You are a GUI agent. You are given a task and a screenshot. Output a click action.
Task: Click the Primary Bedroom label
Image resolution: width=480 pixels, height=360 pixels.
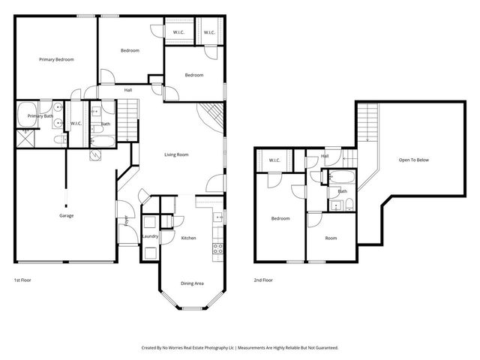[56, 59]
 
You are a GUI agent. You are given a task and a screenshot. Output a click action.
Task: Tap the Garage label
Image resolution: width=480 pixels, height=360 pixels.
[66, 215]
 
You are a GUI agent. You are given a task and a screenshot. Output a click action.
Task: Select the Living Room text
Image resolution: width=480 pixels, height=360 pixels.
[176, 155]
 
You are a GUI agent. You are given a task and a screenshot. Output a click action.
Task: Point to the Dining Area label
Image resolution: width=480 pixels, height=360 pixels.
[192, 283]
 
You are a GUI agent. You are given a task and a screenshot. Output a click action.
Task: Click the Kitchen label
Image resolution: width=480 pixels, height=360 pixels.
[188, 238]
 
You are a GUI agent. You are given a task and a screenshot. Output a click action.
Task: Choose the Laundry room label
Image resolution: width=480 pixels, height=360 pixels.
[149, 236]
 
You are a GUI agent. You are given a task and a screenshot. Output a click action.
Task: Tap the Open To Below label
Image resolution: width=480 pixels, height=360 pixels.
[413, 160]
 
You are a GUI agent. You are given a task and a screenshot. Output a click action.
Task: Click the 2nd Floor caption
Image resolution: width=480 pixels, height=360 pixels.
[264, 280]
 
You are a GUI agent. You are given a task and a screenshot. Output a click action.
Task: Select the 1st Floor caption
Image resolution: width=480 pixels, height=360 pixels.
[22, 280]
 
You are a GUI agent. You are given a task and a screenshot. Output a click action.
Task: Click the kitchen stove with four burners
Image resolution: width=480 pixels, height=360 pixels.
[217, 247]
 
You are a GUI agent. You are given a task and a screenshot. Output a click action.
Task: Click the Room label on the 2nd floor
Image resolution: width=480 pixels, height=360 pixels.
[331, 238]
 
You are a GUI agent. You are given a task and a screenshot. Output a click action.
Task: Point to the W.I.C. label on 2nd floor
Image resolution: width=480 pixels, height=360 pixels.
[274, 159]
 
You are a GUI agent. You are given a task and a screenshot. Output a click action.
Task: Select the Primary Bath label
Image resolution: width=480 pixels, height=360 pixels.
[40, 116]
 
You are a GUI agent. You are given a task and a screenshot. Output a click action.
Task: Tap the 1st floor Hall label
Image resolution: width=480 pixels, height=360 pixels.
[128, 90]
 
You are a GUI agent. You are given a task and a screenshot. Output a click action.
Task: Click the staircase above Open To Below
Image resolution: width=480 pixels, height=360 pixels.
[367, 121]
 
